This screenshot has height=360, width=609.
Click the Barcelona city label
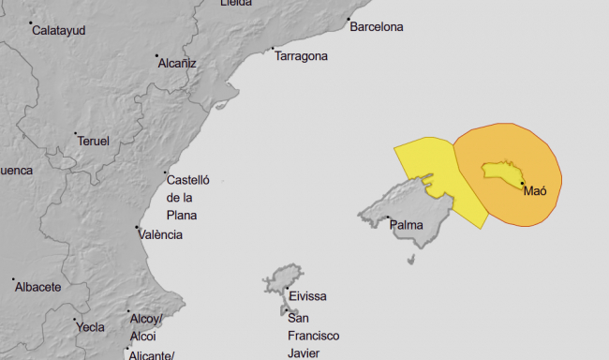tap(376, 27)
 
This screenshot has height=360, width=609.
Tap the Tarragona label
tap(301, 56)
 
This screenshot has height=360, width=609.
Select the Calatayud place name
tap(58, 31)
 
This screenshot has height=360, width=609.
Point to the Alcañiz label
tap(177, 63)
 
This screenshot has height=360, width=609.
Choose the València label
tap(160, 234)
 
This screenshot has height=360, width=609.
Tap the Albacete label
tap(37, 287)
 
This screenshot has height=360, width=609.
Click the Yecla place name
tap(90, 327)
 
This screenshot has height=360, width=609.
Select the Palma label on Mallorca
tap(406, 225)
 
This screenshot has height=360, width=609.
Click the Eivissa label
tap(307, 296)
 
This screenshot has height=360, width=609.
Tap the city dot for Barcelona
tap(349, 20)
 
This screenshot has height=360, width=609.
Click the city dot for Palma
tap(389, 218)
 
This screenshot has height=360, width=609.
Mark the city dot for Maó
tap(523, 184)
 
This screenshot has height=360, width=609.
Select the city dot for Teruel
tap(76, 133)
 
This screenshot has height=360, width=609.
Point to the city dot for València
tap(138, 228)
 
